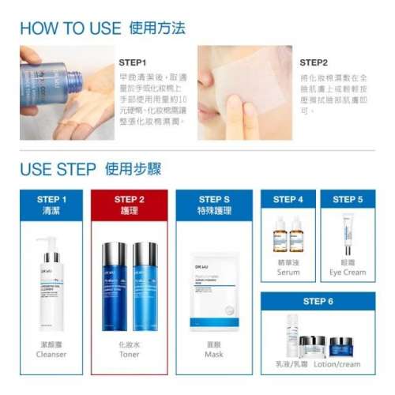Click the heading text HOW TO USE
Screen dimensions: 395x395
click(70, 28)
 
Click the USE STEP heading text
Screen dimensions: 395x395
click(57, 169)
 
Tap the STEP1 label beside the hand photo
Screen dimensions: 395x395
click(133, 62)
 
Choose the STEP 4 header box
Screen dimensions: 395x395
click(288, 200)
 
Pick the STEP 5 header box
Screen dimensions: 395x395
click(348, 200)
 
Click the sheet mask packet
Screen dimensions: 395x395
click(214, 288)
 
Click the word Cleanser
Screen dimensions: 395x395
click(51, 355)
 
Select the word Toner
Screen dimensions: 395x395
click(130, 355)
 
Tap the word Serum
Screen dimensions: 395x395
click(288, 273)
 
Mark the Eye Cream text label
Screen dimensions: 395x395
click(348, 273)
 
